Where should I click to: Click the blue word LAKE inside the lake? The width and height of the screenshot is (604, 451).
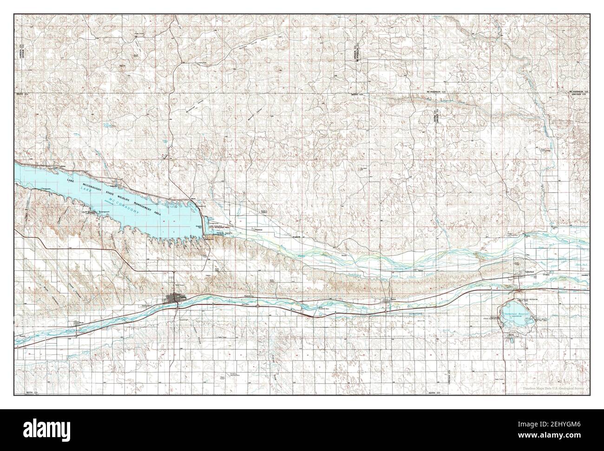pyautogui.click(x=70, y=180)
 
